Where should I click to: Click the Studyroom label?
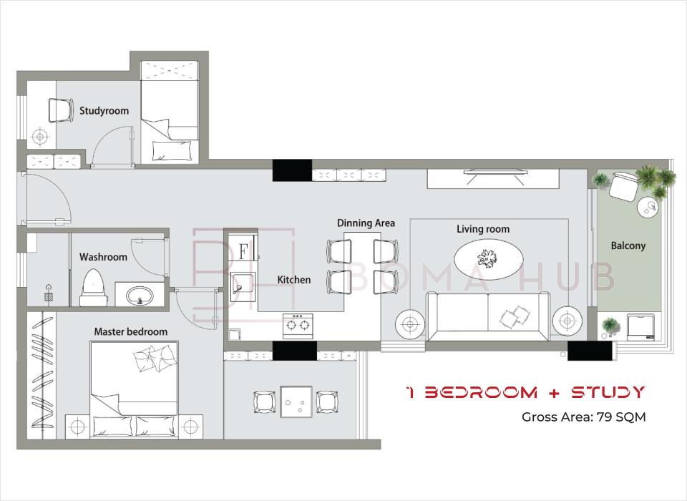click(x=104, y=110)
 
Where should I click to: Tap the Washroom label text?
click(x=103, y=257)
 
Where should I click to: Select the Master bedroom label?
click(x=130, y=332)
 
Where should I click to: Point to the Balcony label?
click(x=628, y=245)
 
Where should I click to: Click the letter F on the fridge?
click(x=243, y=252)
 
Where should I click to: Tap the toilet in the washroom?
click(x=93, y=288)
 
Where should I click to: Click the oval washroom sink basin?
click(x=140, y=295)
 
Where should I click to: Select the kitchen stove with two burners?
click(x=298, y=326)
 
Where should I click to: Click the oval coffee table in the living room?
click(x=487, y=258)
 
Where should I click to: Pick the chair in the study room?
click(x=60, y=110)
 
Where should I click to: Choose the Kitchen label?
click(x=294, y=280)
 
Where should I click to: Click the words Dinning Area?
click(x=366, y=223)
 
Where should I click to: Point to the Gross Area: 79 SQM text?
click(x=584, y=417)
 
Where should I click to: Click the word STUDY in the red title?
click(x=608, y=392)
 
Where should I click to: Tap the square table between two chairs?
click(x=296, y=402)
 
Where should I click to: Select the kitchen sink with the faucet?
click(x=243, y=287)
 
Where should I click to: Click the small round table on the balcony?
click(x=648, y=206)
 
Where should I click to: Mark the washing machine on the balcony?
click(x=640, y=326)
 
